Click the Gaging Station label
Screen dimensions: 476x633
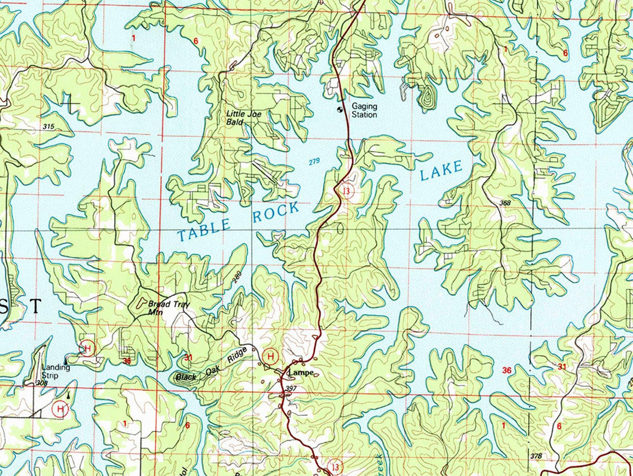pyautogui.click(x=364, y=111)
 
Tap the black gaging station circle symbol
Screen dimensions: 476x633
pyautogui.click(x=340, y=109)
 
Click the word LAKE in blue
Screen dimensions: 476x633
pyautogui.click(x=441, y=171)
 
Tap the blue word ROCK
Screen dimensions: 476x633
pyautogui.click(x=276, y=212)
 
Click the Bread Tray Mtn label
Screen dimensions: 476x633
pyautogui.click(x=169, y=308)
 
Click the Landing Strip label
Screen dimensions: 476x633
pyautogui.click(x=55, y=371)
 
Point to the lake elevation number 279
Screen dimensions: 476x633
pyautogui.click(x=314, y=162)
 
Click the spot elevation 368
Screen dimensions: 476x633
pyautogui.click(x=505, y=203)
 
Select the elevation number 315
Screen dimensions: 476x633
pyautogui.click(x=48, y=126)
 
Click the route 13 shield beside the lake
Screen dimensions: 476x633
pyautogui.click(x=347, y=191)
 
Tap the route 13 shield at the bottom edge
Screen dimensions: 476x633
pyautogui.click(x=335, y=466)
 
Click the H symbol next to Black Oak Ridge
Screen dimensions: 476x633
pyautogui.click(x=271, y=356)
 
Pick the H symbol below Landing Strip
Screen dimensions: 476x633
pyautogui.click(x=60, y=409)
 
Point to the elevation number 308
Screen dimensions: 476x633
pyautogui.click(x=41, y=383)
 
